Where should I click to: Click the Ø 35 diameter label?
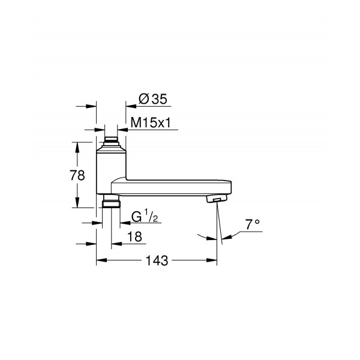tap(153, 100)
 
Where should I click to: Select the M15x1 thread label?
tap(151, 122)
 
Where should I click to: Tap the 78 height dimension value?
tap(77, 175)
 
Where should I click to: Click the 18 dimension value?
tap(135, 237)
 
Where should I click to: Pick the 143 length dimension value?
tap(157, 260)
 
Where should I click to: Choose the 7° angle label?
tap(253, 224)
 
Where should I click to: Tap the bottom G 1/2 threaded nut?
tap(112, 204)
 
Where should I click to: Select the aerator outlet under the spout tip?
tap(217, 199)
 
